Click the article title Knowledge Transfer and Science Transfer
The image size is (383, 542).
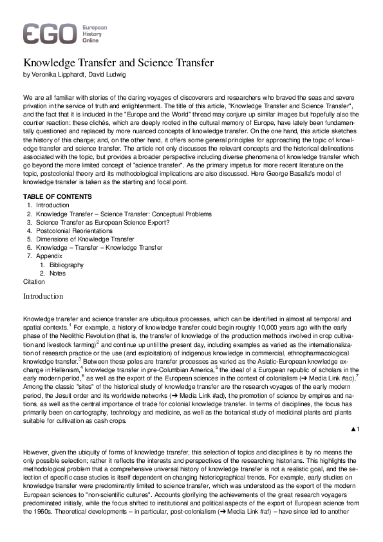coord(118,64)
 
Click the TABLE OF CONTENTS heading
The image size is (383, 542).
coord(57,196)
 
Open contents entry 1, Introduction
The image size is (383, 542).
coord(53,205)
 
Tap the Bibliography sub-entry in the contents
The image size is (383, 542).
coord(67,265)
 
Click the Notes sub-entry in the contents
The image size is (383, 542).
coord(58,274)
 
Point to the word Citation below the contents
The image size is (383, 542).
coord(34,282)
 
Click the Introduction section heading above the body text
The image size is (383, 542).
coord(43,296)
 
